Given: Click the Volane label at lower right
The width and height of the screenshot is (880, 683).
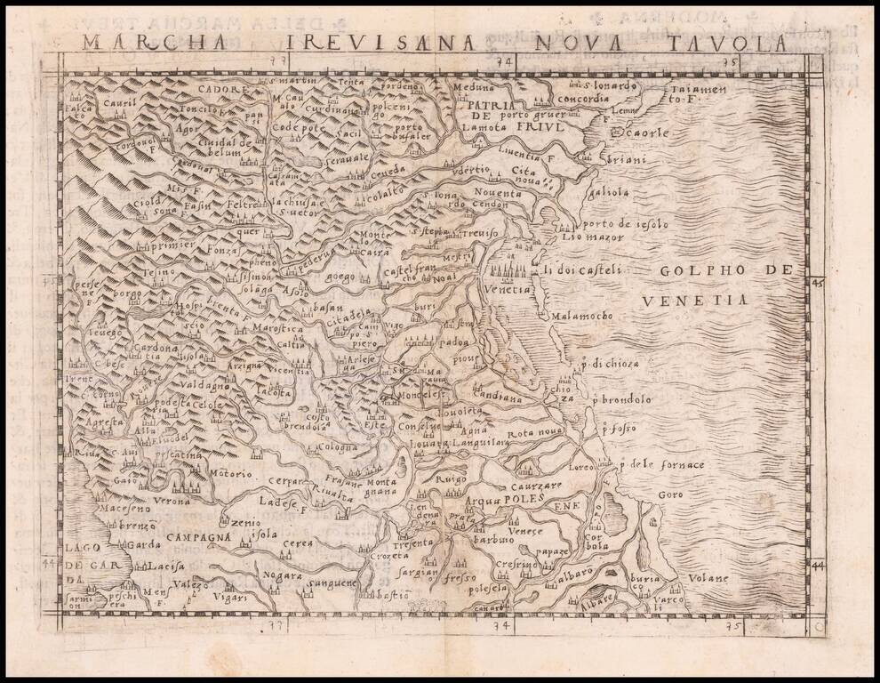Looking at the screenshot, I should (708, 578).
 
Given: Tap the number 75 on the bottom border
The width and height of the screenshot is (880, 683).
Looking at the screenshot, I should (733, 626).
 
